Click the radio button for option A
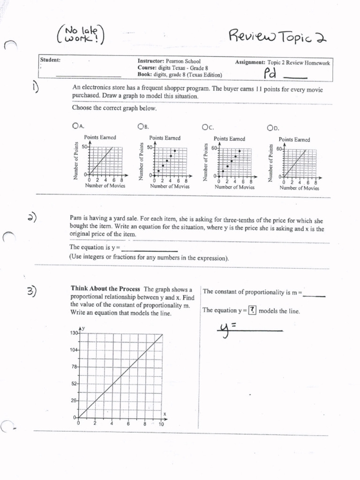(75, 126)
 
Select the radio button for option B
(140, 126)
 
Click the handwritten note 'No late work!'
(81, 36)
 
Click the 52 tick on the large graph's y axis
(75, 384)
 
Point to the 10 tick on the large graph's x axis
(161, 424)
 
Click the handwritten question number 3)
(32, 291)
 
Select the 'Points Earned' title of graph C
(229, 139)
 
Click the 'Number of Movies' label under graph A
(105, 186)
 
